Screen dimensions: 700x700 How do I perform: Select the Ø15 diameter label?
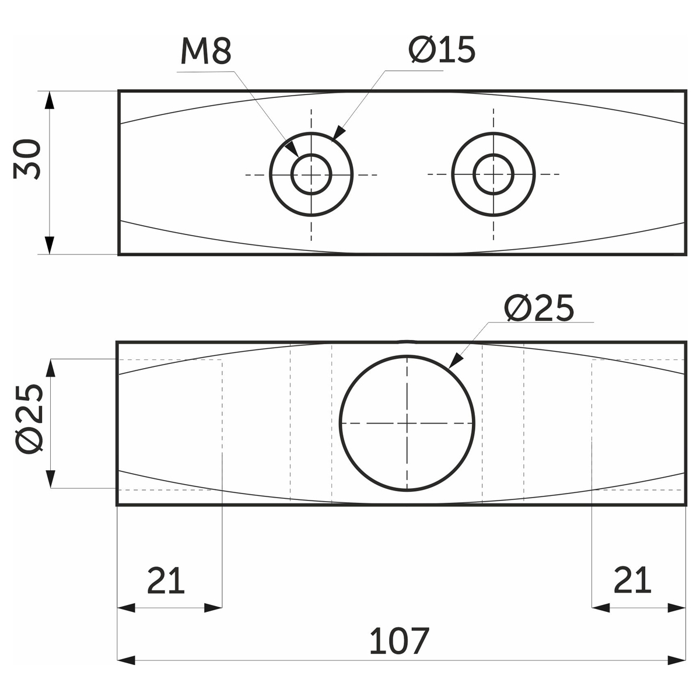[x=442, y=50]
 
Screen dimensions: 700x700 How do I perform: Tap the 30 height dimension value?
[x=26, y=159]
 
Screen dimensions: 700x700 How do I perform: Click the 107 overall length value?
[x=399, y=640]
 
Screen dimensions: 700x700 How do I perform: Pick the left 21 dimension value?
[x=166, y=580]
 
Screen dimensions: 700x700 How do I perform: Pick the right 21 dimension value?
[x=632, y=580]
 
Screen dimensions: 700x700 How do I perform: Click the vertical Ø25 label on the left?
[x=29, y=419]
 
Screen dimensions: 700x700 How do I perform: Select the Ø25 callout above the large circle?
[x=539, y=307]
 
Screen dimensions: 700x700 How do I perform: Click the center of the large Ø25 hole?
[x=407, y=423]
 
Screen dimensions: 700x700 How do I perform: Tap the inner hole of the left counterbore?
[x=311, y=174]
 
